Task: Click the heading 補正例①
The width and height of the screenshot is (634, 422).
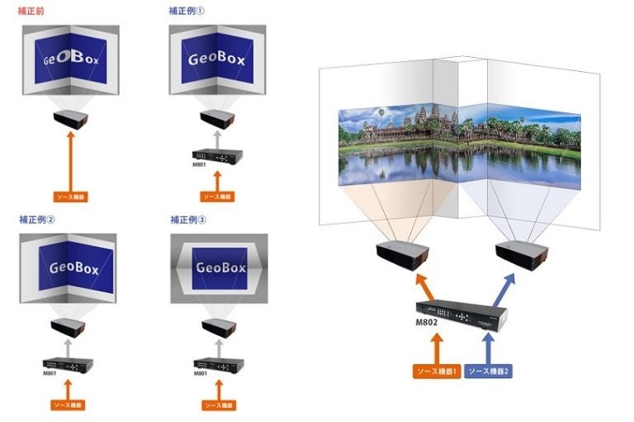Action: [185, 11]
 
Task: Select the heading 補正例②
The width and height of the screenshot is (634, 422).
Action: [36, 220]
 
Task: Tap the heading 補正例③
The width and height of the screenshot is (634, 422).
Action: [187, 220]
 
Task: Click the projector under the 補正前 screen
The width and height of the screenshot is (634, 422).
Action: [71, 120]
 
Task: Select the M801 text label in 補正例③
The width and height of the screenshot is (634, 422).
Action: [201, 373]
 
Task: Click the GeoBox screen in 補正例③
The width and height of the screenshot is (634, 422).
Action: [220, 268]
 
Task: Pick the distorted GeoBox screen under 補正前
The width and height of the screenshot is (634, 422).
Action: [71, 59]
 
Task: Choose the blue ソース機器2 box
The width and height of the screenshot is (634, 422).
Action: [489, 372]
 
